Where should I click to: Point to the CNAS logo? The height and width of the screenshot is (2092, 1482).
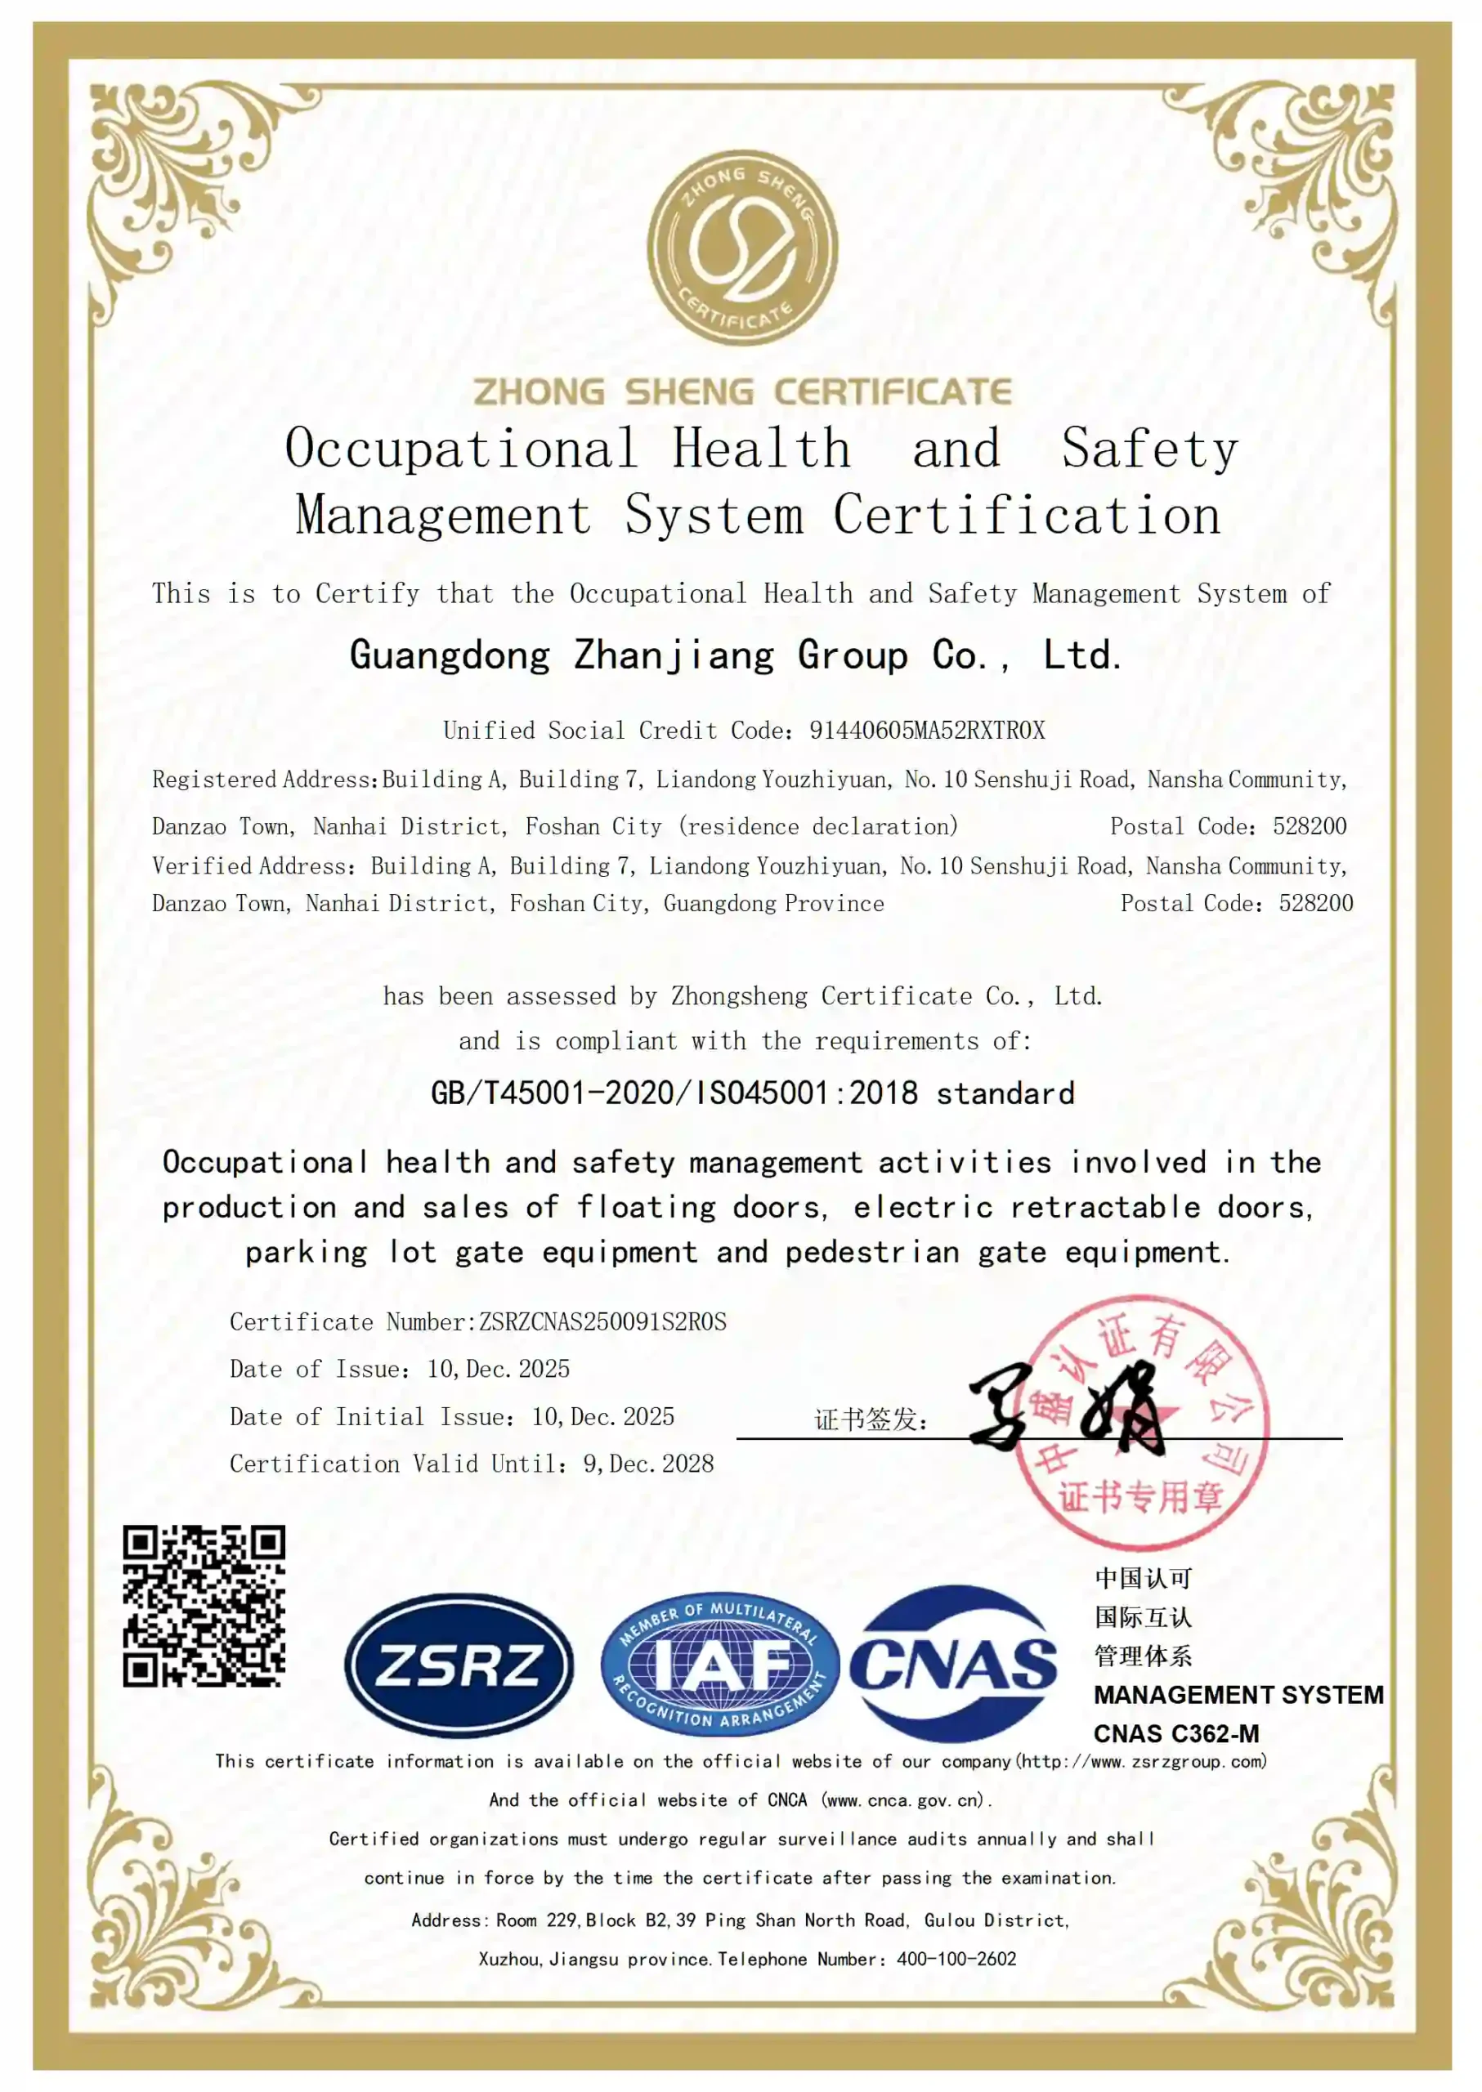[x=954, y=1663]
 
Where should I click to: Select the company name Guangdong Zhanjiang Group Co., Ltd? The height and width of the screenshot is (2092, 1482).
[x=736, y=655]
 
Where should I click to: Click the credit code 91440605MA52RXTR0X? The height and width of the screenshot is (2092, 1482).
[x=927, y=730]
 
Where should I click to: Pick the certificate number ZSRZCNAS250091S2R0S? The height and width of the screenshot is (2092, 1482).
[x=603, y=1322]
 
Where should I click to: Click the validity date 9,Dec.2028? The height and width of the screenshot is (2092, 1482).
[x=648, y=1464]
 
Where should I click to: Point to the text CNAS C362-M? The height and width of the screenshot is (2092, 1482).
[x=1175, y=1733]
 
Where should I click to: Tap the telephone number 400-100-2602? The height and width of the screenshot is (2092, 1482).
[x=956, y=1959]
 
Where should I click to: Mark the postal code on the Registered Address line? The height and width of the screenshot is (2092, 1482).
[x=1310, y=826]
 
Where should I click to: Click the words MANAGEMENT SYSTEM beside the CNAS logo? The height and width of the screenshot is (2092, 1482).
[x=1238, y=1694]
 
